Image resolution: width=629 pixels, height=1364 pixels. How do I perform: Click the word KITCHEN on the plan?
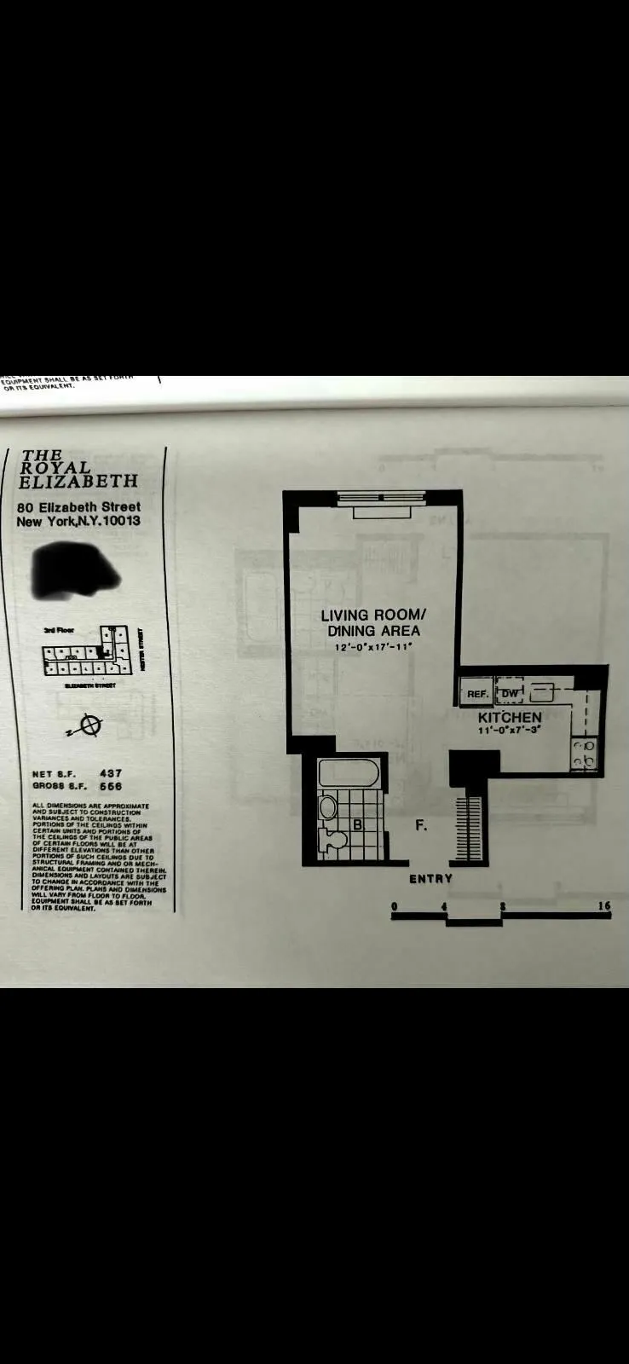[x=510, y=718]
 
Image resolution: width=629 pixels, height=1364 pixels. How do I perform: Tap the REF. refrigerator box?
[x=477, y=694]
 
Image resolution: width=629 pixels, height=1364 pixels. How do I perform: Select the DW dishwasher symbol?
[x=509, y=694]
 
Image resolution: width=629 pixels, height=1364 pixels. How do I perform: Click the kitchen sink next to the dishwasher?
[x=543, y=692]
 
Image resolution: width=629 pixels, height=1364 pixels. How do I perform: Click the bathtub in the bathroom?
[x=348, y=775]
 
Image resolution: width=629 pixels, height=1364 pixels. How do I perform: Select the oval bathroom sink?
[x=328, y=806]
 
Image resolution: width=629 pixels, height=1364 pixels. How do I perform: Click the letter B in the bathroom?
[x=358, y=825]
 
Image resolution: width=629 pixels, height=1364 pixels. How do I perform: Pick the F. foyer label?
[x=421, y=825]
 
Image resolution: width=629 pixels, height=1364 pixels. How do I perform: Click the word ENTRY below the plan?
[x=430, y=879]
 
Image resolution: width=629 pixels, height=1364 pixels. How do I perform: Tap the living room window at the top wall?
[x=381, y=497]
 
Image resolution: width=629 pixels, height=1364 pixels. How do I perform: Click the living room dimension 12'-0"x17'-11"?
[x=372, y=647]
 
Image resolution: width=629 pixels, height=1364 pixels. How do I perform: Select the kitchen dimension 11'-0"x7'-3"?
[x=510, y=731]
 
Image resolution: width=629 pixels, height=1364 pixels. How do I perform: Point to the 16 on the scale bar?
[x=603, y=905]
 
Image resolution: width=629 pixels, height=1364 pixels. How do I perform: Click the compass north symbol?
[x=88, y=725]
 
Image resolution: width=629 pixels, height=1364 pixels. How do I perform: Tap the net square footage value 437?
[x=111, y=773]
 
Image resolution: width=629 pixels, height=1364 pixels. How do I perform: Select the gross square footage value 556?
[x=111, y=786]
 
